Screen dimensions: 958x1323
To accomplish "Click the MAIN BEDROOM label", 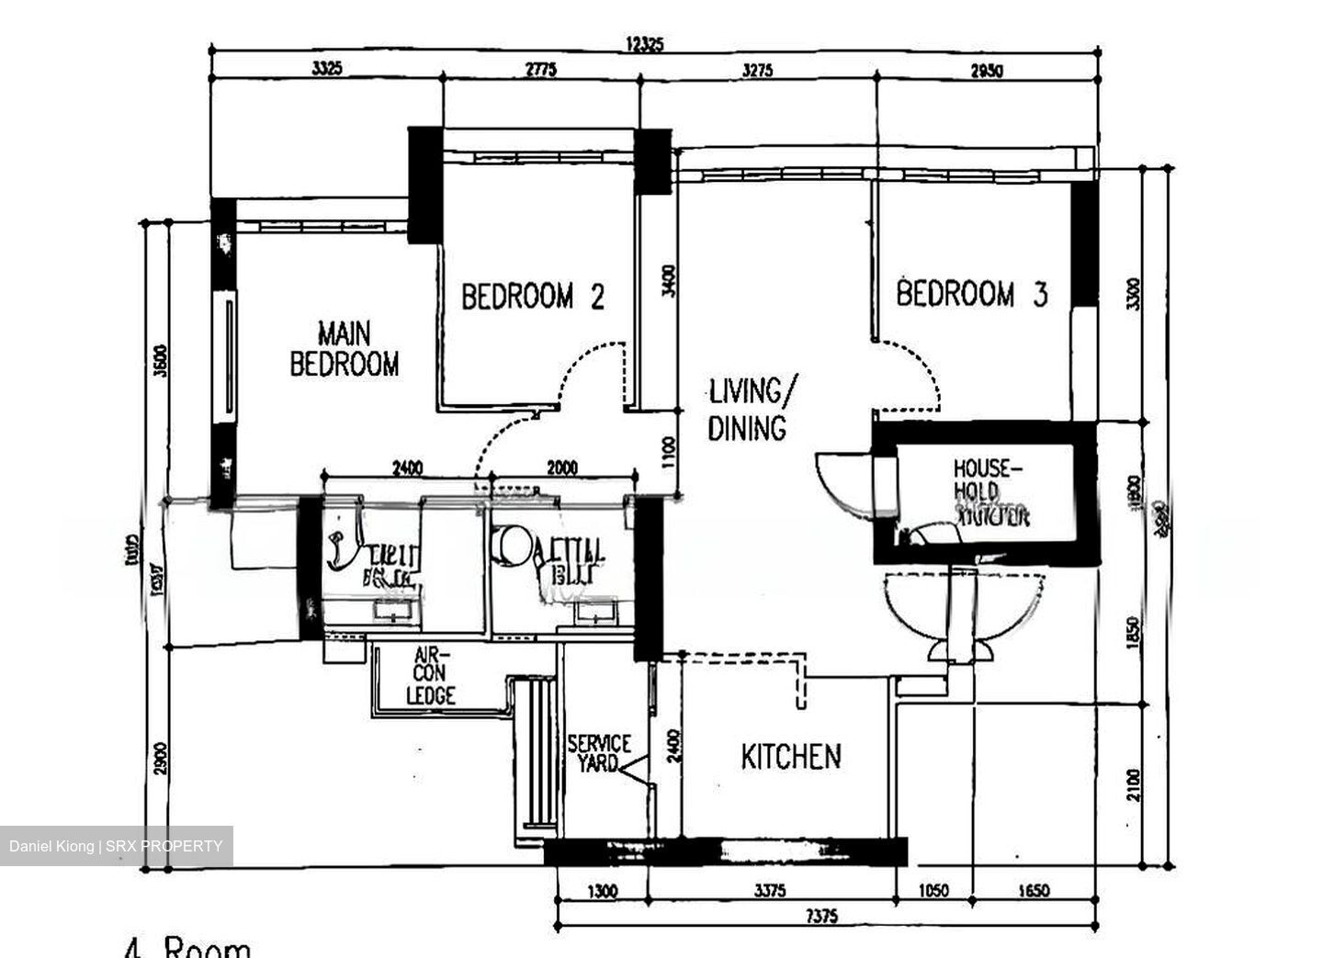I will (x=345, y=349).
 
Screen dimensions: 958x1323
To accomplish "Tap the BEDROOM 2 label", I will (x=532, y=297).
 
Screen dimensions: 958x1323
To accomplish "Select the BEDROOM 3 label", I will (x=971, y=294).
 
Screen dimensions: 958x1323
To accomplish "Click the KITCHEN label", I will (x=790, y=757).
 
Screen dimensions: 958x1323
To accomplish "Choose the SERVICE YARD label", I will (x=599, y=752).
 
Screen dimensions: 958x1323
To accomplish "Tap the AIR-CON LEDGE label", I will (x=430, y=676).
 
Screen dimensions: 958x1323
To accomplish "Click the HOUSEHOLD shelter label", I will (x=989, y=493).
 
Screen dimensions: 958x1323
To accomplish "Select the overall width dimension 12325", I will (x=643, y=43).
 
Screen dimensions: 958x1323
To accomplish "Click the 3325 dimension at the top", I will (x=327, y=69).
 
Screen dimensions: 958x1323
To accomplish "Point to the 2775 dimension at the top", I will (x=540, y=70).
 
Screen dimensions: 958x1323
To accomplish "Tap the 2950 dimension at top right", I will (x=987, y=70).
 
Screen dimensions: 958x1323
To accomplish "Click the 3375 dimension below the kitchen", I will (x=770, y=890).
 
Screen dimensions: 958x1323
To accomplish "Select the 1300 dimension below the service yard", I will (x=602, y=890).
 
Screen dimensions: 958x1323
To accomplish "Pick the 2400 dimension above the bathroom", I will (x=407, y=468).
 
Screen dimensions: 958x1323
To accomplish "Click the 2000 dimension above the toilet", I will (x=561, y=468).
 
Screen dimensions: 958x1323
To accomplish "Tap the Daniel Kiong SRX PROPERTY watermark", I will (x=116, y=846).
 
